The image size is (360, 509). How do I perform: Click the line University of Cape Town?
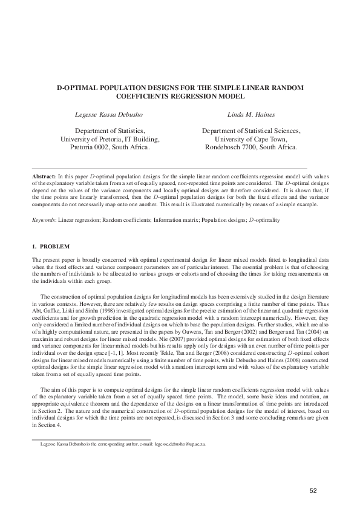[x=251, y=138]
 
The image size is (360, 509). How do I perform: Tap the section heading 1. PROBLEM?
[x=51, y=246]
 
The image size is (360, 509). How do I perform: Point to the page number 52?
[x=313, y=490]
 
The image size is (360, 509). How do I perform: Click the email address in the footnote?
[x=179, y=444]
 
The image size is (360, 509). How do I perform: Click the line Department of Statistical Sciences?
[x=251, y=130]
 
